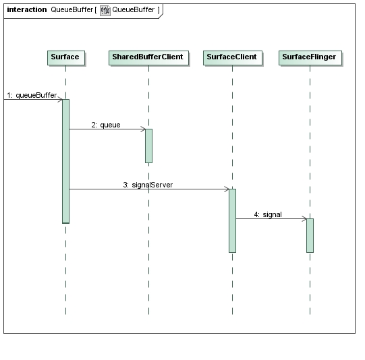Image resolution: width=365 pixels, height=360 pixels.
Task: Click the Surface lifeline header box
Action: pos(66,58)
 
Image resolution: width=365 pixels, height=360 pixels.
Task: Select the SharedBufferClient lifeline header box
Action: pos(148,58)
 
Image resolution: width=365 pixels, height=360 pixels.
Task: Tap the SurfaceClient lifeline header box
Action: pos(233,58)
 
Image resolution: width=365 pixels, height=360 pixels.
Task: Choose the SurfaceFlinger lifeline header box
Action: pos(310,58)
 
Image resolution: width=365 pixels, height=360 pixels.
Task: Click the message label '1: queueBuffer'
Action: pos(32,95)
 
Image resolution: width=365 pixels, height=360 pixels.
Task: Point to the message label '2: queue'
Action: pos(106,125)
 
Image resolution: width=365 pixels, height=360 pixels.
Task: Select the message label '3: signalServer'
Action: pos(148,185)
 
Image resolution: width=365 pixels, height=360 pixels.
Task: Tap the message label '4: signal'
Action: pos(268,214)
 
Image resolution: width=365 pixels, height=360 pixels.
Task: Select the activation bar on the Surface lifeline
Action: pos(66,161)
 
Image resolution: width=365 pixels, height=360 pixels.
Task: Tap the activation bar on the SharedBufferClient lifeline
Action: pos(148,146)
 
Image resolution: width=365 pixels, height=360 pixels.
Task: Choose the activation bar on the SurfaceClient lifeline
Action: pos(232,220)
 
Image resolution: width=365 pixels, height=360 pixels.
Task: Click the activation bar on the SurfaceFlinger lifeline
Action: pos(310,235)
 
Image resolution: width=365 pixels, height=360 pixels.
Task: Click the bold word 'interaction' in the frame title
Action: pos(27,9)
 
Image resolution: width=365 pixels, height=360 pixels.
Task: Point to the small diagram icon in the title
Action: pos(105,11)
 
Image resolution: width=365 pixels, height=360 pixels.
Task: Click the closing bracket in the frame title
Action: pos(159,9)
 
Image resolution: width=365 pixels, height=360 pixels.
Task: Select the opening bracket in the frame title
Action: pos(95,9)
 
